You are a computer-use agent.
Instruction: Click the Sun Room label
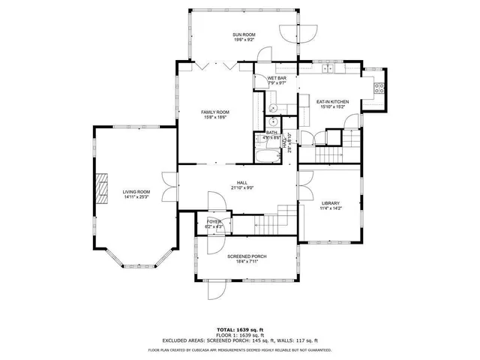click(244, 35)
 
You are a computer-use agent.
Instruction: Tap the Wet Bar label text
click(277, 78)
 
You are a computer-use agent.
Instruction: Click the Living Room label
click(136, 192)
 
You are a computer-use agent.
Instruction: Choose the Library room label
click(330, 203)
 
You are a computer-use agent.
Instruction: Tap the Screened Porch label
click(247, 256)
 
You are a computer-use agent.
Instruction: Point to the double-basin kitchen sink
click(328, 70)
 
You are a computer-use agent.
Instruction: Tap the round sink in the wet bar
click(274, 119)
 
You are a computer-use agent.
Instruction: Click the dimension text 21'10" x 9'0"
click(242, 187)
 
